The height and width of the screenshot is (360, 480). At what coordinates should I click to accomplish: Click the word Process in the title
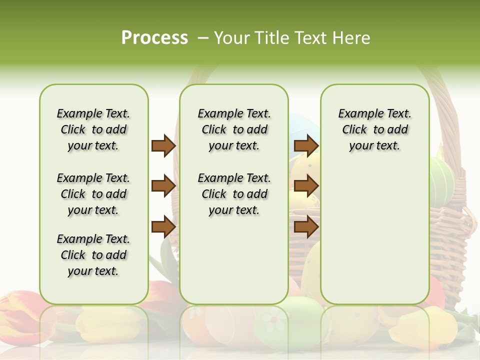coord(154,38)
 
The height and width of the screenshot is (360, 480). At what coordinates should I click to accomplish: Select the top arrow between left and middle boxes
coord(163,145)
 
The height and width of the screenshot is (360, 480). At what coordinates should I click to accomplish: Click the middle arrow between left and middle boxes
coord(163,186)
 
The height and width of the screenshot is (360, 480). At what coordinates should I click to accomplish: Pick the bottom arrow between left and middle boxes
coord(163,227)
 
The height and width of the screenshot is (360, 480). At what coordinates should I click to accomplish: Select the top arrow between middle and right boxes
coord(306,145)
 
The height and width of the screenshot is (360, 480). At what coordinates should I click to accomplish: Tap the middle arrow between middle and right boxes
coord(306,186)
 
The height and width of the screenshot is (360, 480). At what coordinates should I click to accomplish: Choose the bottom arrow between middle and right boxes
coord(306,227)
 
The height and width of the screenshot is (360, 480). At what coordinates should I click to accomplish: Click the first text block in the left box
coord(93,129)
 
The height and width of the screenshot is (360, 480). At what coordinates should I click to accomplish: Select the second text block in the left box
coord(93,194)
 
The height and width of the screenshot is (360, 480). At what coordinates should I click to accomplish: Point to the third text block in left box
coord(93,255)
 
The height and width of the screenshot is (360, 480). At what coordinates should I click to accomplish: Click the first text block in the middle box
coord(234,129)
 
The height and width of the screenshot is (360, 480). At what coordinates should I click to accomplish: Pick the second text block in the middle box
coord(234,194)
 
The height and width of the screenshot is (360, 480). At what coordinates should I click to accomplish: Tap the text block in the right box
coord(374,129)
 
